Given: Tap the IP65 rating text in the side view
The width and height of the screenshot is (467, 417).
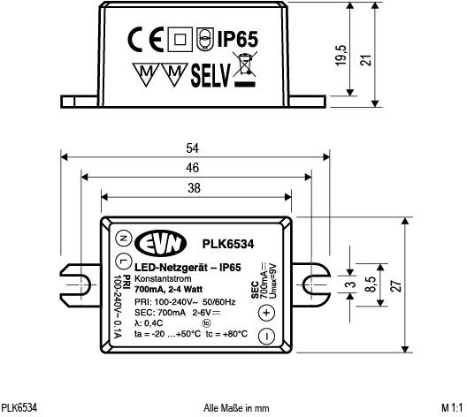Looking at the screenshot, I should (236, 40).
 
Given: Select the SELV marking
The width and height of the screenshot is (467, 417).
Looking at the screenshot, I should (211, 74).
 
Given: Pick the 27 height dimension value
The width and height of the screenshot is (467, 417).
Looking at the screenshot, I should (397, 284).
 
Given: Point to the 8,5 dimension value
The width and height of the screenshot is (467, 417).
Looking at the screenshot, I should (373, 284).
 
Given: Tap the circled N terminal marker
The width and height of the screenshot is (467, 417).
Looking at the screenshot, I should (122, 237).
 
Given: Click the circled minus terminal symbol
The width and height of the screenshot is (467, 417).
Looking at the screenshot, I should (267, 336).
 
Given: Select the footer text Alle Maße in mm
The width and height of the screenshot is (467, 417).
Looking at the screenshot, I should (235, 408).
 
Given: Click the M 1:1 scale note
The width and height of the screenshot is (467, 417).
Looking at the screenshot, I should (452, 408).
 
